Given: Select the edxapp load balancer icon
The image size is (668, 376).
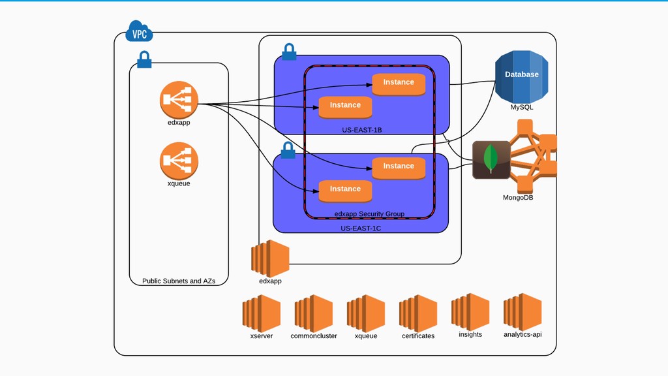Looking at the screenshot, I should tap(179, 100).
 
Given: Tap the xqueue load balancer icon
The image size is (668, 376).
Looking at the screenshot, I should tap(179, 161).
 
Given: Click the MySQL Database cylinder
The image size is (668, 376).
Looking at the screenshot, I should tap(521, 75).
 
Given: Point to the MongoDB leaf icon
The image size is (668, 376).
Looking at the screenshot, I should tap(491, 159).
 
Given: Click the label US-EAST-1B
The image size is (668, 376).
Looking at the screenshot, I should tap(361, 130).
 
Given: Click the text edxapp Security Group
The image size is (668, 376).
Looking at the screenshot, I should tap(369, 213).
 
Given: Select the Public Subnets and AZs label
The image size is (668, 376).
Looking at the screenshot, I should tap(179, 281).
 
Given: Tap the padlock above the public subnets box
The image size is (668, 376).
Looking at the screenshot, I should tap(144, 60).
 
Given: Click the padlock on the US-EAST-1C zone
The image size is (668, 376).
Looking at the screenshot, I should tap(288, 151).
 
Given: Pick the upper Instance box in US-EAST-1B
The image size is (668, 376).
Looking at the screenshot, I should tap(399, 83).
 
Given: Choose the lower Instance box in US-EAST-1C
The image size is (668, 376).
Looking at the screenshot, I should tap(345, 189).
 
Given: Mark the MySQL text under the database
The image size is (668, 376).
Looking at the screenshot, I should tap(521, 107).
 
